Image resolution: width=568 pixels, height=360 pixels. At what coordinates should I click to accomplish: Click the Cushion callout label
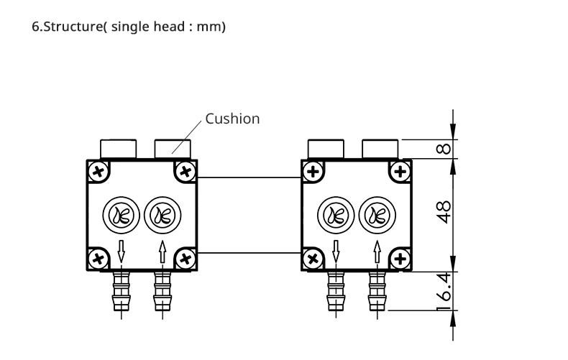tap(232, 119)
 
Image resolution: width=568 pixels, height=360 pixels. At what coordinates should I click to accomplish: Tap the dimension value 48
tap(444, 212)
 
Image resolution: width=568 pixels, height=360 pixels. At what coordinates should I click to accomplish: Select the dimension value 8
tap(444, 149)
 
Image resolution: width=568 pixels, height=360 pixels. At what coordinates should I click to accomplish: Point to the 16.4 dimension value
tap(444, 292)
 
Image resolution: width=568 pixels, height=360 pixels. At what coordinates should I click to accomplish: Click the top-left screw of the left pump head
tap(99, 171)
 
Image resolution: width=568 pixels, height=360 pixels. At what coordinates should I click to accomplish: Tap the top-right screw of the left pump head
tap(185, 171)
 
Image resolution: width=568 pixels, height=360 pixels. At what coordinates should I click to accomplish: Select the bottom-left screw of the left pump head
tap(99, 259)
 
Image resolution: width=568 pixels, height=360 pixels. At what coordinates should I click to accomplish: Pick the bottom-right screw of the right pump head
tap(400, 259)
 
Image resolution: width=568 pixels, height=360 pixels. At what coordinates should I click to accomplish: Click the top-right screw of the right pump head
tap(400, 171)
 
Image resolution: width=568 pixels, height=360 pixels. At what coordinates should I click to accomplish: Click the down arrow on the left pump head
tap(122, 251)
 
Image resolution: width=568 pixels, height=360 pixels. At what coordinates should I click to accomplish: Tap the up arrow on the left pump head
tap(162, 251)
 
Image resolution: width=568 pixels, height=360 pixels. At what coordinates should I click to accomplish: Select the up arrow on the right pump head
tap(377, 251)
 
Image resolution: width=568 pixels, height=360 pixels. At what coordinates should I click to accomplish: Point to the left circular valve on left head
tap(122, 215)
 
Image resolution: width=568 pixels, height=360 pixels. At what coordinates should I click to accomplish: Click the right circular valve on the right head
tap(377, 215)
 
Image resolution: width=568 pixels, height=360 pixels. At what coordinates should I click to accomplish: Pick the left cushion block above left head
tap(119, 149)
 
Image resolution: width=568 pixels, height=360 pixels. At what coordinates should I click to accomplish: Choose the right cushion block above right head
tap(380, 149)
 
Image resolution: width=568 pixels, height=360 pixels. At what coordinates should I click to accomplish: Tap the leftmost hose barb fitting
tap(122, 291)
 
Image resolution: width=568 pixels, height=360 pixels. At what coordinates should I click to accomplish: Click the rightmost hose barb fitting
tap(377, 291)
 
